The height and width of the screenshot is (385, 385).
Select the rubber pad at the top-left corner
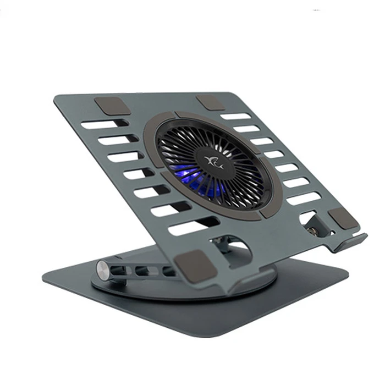tap(112, 106)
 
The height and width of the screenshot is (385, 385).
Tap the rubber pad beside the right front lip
tap(343, 218)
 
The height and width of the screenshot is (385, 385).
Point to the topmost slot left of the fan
tap(100, 125)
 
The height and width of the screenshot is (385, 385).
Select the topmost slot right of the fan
tap(236, 117)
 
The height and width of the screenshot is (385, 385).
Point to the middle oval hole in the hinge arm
tap(144, 271)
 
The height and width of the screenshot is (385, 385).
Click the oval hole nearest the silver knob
tap(123, 269)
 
